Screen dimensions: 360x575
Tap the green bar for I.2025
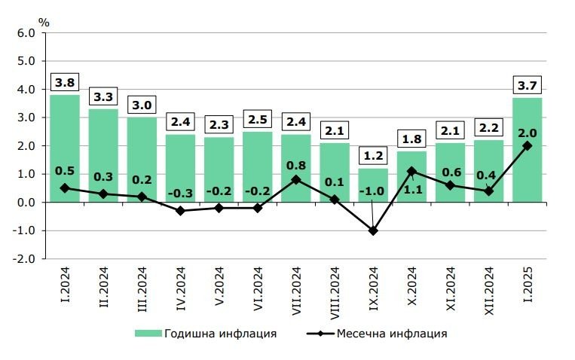(527, 150)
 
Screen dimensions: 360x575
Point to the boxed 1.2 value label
(372, 156)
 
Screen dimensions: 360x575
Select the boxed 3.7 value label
(527, 85)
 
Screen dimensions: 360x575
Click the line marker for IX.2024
(373, 230)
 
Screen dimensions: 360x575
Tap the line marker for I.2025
(527, 146)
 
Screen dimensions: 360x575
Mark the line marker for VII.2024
(295, 180)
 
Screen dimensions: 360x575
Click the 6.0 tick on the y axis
(25, 33)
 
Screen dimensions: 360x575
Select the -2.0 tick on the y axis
(23, 258)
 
